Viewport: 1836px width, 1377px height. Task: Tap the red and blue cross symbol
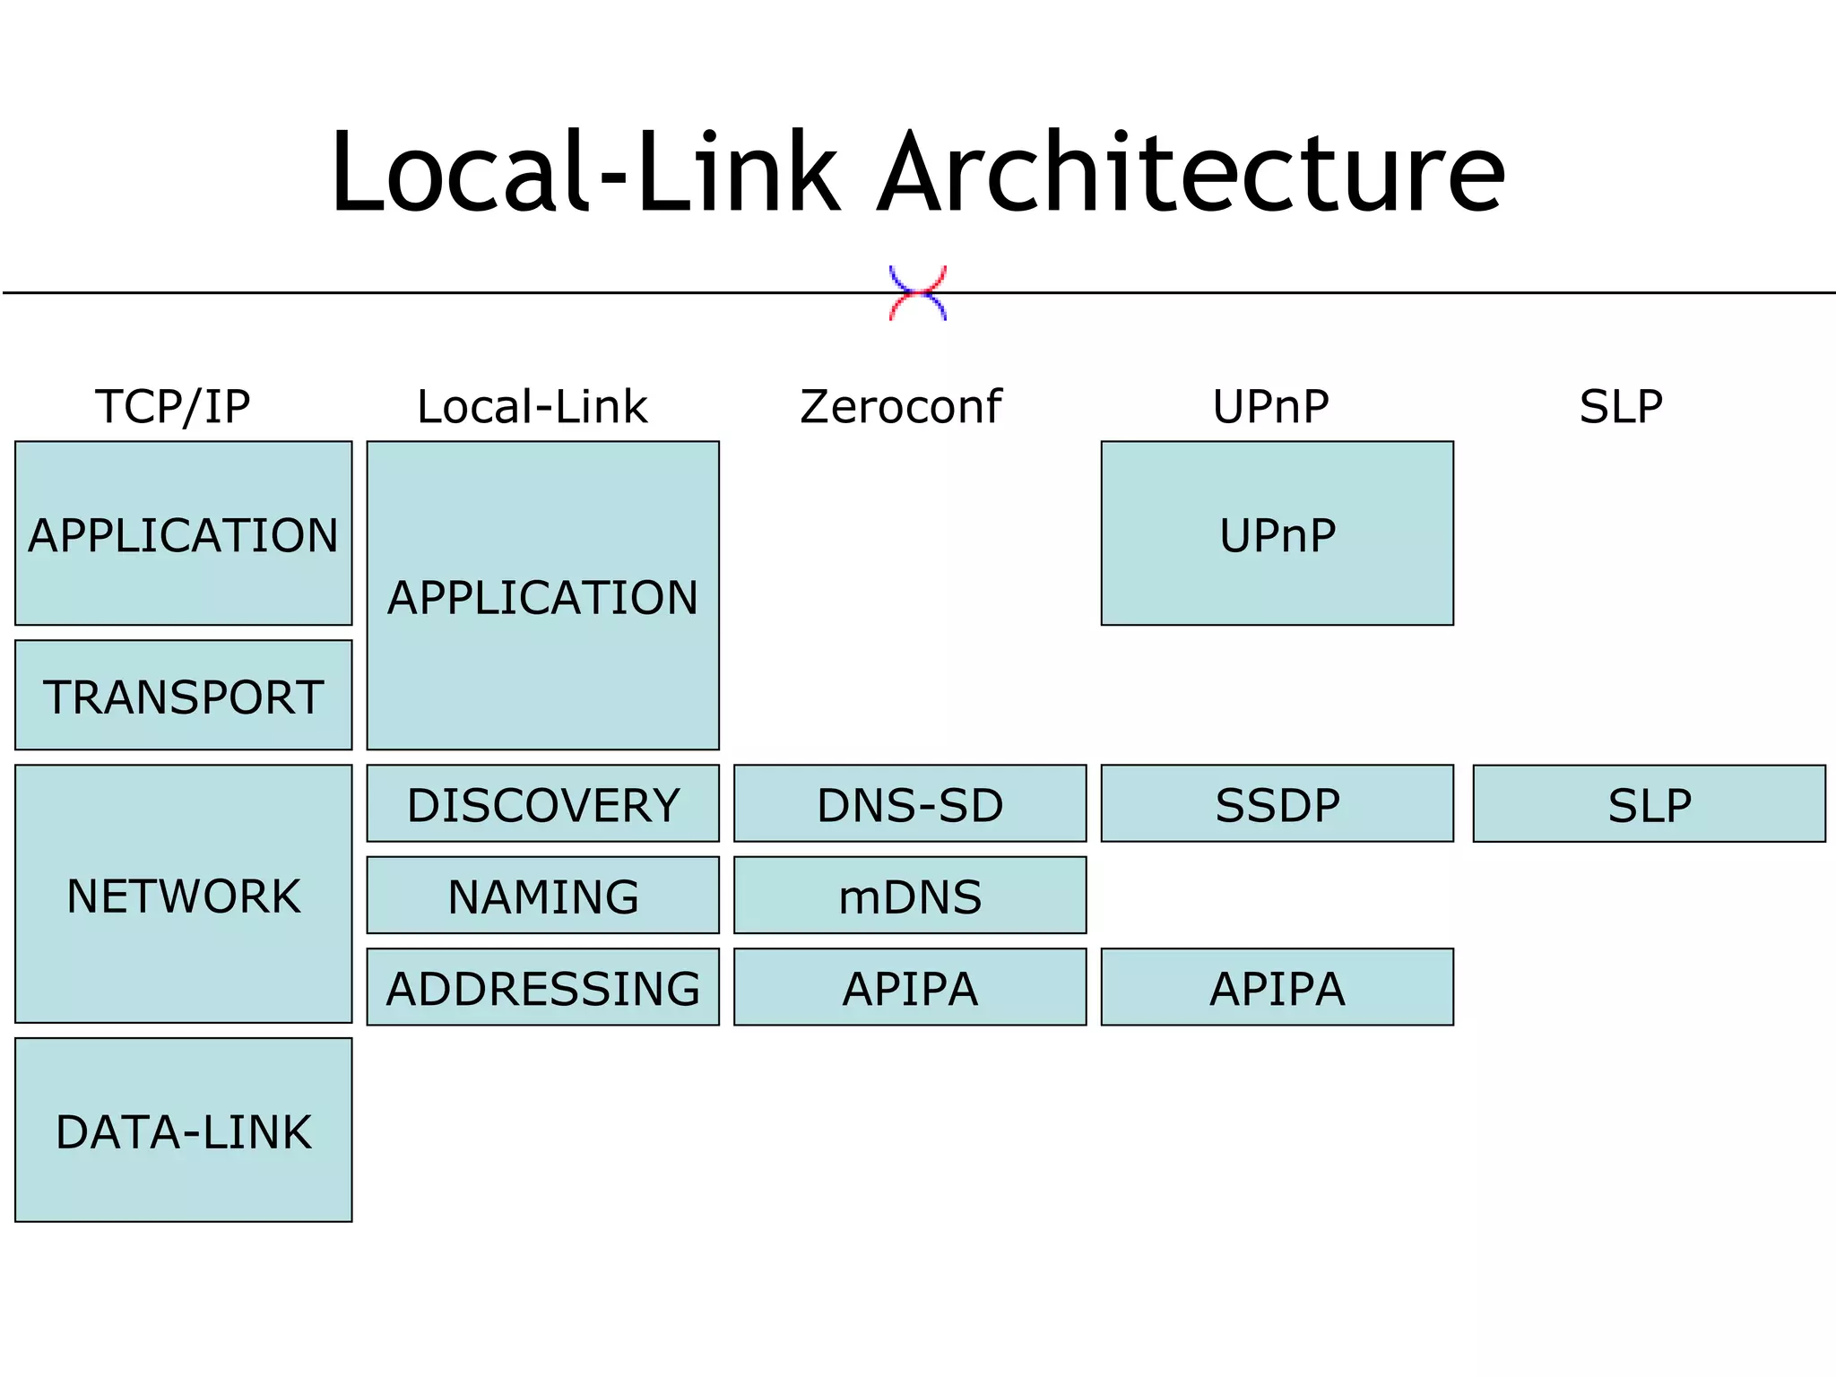coord(917,293)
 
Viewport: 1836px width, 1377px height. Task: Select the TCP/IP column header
coord(172,407)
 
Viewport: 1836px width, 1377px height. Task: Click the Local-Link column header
coord(532,407)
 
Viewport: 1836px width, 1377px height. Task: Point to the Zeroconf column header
coord(900,407)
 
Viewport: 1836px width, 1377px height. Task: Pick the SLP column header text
coord(1621,407)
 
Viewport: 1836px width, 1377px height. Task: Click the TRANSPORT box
coord(184,696)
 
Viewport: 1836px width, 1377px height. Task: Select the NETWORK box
coord(184,894)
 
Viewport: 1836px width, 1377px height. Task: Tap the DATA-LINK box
coord(184,1130)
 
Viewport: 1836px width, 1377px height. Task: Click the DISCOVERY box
coord(543,803)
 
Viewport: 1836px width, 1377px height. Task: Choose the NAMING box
coord(543,896)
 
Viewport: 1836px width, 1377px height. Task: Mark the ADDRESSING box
coord(543,987)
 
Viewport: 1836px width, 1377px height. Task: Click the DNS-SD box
coord(910,803)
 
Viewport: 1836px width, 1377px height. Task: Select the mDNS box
coord(910,896)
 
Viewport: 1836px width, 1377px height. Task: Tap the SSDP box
coord(1277,803)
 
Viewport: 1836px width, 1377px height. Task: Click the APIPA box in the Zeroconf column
coord(910,987)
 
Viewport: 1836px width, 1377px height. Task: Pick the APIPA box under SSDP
coord(1277,987)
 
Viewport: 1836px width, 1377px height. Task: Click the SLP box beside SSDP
coord(1650,803)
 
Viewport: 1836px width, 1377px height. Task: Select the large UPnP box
coord(1277,533)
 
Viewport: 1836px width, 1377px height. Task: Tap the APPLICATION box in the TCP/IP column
coord(184,533)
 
